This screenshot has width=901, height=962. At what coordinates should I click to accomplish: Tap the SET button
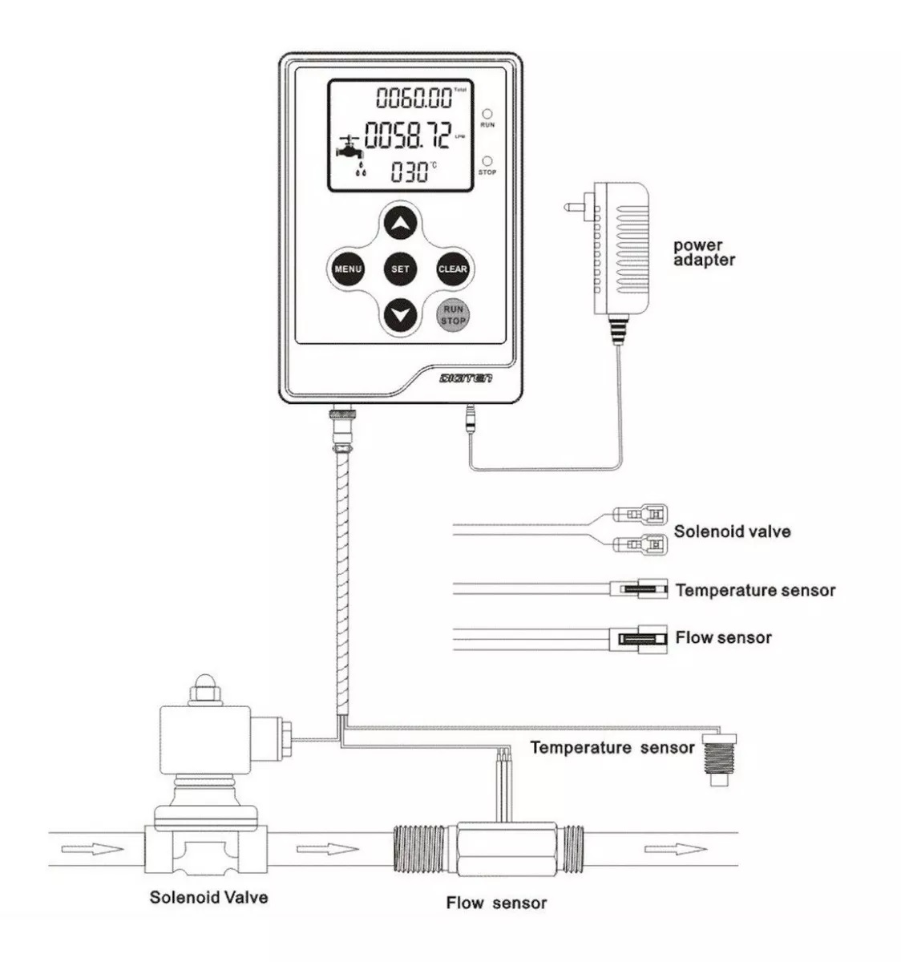tap(400, 269)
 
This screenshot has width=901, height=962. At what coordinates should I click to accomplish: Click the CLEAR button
tap(453, 269)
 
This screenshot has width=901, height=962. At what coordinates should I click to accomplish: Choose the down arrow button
tap(400, 314)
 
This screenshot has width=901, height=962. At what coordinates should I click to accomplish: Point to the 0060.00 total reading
tap(414, 99)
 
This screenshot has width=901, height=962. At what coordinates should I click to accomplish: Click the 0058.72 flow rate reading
tap(408, 135)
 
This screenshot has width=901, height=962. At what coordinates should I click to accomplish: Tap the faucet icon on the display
tap(349, 150)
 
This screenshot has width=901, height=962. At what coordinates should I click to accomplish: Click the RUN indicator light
tap(487, 114)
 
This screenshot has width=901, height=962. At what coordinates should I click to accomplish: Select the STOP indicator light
tap(487, 161)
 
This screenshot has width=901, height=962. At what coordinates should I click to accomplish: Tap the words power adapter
tap(704, 253)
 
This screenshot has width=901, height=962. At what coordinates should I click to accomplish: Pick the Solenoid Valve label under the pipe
tap(208, 896)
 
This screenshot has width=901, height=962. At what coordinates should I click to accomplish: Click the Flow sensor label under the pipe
tap(496, 903)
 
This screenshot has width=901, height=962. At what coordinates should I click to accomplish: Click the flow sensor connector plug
tap(639, 638)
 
